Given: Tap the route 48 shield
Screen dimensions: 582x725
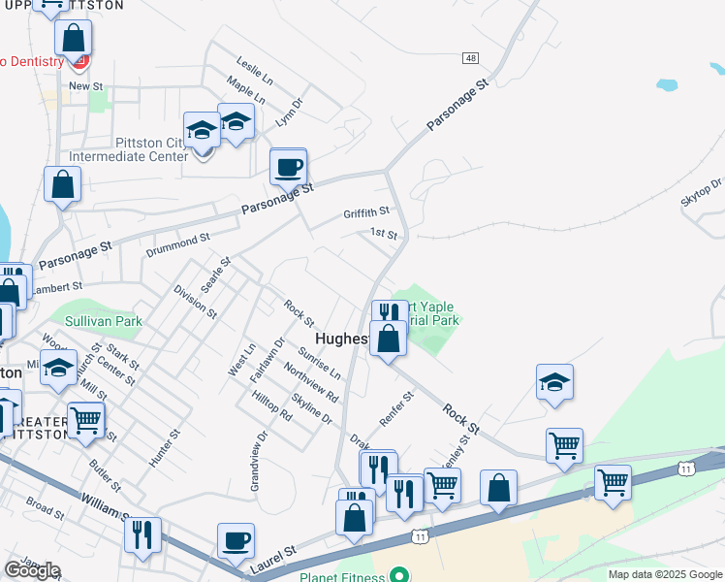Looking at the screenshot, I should [x=470, y=58].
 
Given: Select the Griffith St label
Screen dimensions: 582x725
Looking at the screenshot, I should [x=365, y=211].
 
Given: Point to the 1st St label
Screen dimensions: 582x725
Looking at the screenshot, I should [x=384, y=234].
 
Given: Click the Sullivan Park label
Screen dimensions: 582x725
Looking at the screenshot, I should [x=104, y=321].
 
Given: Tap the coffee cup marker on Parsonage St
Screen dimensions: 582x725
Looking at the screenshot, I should [x=289, y=167].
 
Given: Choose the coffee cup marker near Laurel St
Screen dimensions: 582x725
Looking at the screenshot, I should [x=236, y=540].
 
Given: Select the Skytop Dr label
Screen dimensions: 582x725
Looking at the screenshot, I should [x=704, y=191].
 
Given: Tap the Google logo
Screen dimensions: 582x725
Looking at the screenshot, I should [x=32, y=570].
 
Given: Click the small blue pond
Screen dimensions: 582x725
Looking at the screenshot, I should [x=667, y=84].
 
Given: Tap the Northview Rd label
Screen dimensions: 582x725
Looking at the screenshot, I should [x=310, y=383].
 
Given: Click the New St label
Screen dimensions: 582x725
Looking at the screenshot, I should [x=85, y=86].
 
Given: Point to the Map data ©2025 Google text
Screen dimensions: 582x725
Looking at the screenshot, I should [x=665, y=574].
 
